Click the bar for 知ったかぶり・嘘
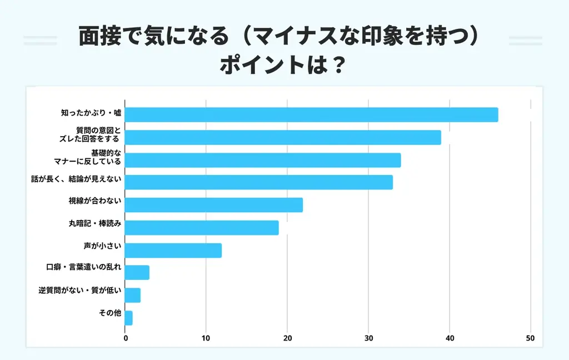[311, 114]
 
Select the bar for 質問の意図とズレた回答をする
[283, 137]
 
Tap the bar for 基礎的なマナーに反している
[263, 160]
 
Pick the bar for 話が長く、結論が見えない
[259, 182]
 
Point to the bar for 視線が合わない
[214, 205]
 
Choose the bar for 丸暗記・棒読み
[202, 228]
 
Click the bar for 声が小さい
[173, 251]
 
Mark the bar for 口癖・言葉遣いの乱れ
[137, 273]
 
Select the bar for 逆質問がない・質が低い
[133, 295]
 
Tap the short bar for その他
[129, 318]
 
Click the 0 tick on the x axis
[126, 338]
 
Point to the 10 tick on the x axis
[206, 338]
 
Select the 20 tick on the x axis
[287, 338]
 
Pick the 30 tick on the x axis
[368, 338]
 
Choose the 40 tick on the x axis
[450, 338]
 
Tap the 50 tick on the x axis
[530, 338]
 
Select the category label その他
[110, 313]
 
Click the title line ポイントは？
[284, 66]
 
